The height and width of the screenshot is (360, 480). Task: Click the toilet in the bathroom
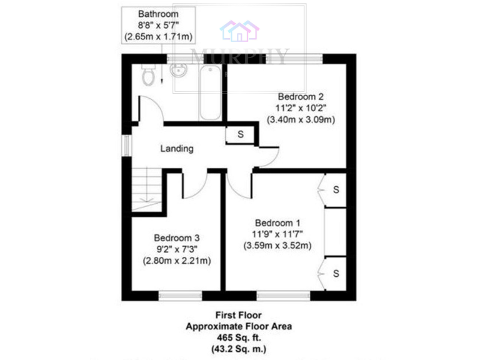pos(148,75)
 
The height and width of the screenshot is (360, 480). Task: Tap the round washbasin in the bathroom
pos(178,69)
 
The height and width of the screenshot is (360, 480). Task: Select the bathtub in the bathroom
pos(210,92)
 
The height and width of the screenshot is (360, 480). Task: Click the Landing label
pos(177,149)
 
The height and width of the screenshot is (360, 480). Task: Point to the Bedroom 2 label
pos(301,97)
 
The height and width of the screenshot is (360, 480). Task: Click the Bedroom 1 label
pos(277,222)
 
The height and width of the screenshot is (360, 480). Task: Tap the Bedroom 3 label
pos(177,238)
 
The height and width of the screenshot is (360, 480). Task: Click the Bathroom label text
pos(159,14)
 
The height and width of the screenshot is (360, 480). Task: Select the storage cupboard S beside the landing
pos(240,134)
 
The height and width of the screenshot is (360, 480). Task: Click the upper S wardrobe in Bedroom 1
pos(336,189)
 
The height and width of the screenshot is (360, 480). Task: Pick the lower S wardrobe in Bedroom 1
pos(336,274)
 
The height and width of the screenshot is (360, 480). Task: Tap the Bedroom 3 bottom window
pos(180,295)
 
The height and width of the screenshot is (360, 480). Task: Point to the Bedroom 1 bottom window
pos(283,295)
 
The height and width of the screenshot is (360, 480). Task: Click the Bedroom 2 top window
pos(294,59)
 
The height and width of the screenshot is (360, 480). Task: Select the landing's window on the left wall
pos(126,146)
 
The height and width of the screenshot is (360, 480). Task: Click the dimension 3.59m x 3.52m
pos(277,246)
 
